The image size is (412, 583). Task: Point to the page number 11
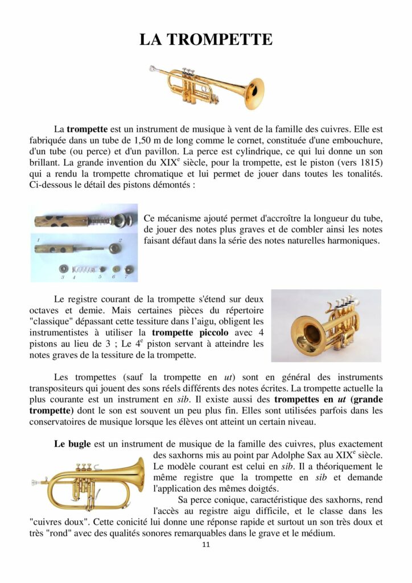click(206, 544)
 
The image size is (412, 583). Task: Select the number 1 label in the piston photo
click(38, 241)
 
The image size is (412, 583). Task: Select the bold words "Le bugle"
click(72, 444)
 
